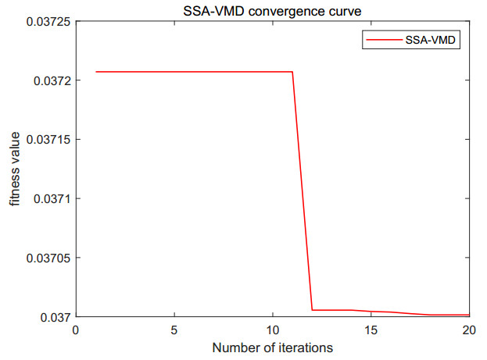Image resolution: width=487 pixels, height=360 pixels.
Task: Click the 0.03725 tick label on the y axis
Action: click(45, 21)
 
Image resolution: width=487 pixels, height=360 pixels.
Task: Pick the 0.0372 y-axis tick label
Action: click(48, 80)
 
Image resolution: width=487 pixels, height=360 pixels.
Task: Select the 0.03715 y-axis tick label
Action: click(45, 140)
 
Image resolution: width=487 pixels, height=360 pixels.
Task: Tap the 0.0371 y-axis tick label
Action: click(48, 198)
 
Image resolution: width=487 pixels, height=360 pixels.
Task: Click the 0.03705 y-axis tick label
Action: click(45, 258)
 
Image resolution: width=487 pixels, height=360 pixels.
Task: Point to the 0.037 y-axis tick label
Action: click(52, 317)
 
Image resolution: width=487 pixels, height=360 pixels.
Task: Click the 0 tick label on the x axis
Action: click(76, 330)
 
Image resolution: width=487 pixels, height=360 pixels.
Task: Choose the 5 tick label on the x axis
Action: click(174, 330)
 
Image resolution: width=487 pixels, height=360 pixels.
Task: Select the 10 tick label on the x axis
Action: click(272, 330)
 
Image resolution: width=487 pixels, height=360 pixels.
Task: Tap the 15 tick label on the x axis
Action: click(371, 330)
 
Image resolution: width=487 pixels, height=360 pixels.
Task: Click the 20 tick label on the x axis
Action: click(469, 330)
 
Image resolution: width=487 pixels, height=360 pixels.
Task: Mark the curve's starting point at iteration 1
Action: click(95, 72)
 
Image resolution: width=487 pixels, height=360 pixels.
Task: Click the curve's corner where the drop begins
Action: click(292, 72)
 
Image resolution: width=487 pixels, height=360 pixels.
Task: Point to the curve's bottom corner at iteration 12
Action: click(312, 310)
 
